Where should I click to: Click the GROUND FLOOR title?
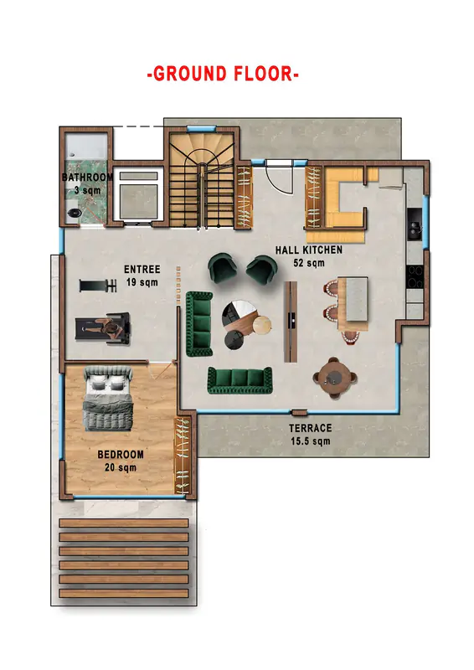tap(223, 74)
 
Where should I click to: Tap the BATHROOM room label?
tap(88, 177)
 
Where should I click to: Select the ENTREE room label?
tap(142, 269)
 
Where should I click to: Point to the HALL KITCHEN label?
tap(308, 250)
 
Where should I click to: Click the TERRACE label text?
tap(311, 428)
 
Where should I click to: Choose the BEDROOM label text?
tap(121, 454)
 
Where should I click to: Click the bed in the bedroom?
tap(108, 398)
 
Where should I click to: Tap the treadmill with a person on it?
tap(102, 327)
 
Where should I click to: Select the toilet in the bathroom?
tap(75, 213)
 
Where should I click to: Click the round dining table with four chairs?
tap(335, 378)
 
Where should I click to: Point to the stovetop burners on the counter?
tap(415, 276)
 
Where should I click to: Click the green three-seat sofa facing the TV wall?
tap(240, 380)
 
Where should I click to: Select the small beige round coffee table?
tap(262, 325)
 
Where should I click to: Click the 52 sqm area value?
tap(308, 263)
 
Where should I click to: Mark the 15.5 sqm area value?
tap(311, 441)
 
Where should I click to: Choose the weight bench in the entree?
tap(98, 286)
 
